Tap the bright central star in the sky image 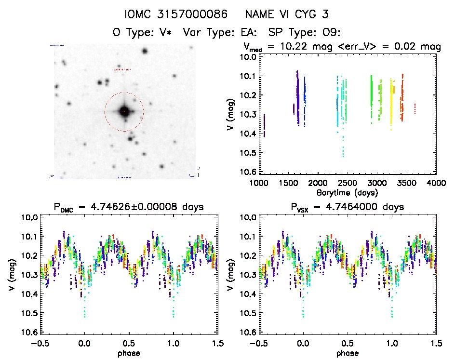124,111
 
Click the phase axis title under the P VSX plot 348,353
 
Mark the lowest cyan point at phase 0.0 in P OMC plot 85,317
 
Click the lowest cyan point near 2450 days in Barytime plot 343,156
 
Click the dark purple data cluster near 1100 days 265,126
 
